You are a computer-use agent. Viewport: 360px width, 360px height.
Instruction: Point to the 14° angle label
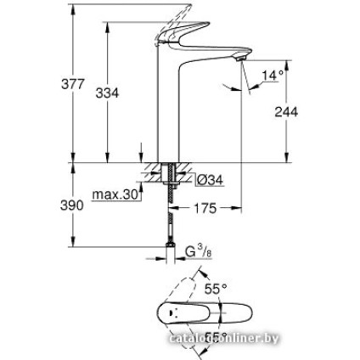[x=272, y=76]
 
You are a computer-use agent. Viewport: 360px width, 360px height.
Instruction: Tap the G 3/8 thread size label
[x=197, y=251]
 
